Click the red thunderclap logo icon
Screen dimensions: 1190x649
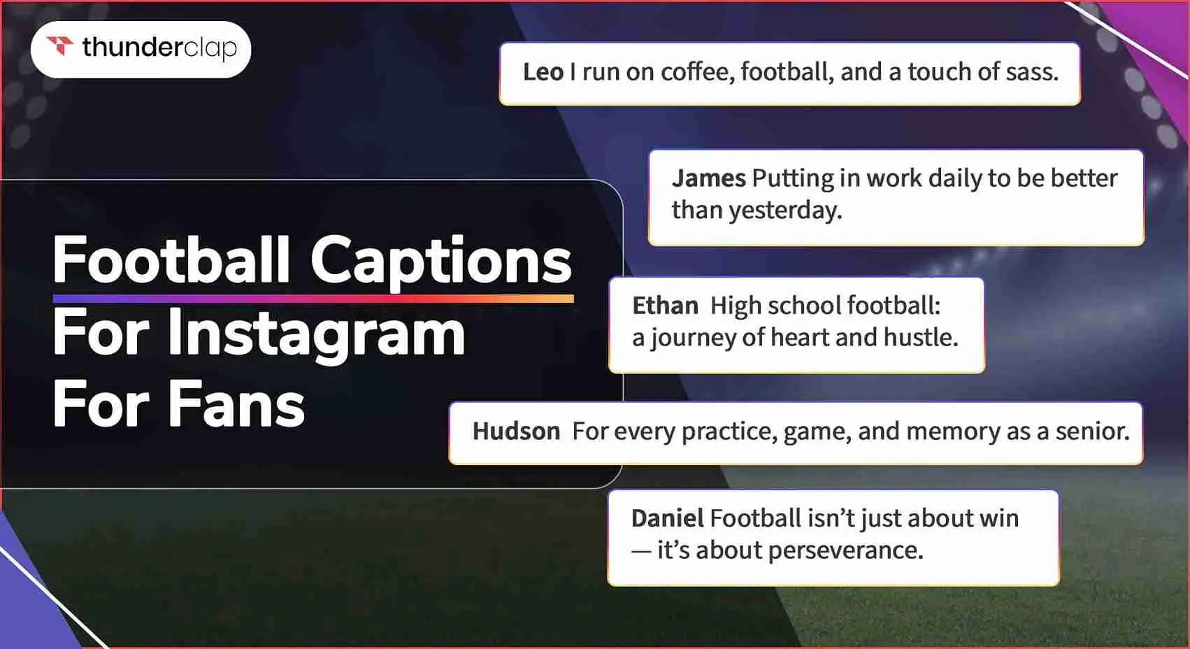(60, 45)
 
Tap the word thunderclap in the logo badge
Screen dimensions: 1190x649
(159, 48)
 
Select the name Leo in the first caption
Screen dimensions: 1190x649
(543, 72)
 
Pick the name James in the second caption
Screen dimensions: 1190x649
(709, 178)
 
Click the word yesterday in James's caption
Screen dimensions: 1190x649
(785, 211)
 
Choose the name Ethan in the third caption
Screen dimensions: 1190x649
(665, 306)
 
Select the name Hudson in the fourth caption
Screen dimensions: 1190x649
(517, 431)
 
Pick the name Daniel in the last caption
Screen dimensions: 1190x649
(668, 518)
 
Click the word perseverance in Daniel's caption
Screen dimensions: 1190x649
(846, 550)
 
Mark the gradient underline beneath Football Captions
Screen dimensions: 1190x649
(313, 299)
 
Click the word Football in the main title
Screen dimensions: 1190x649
(171, 259)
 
